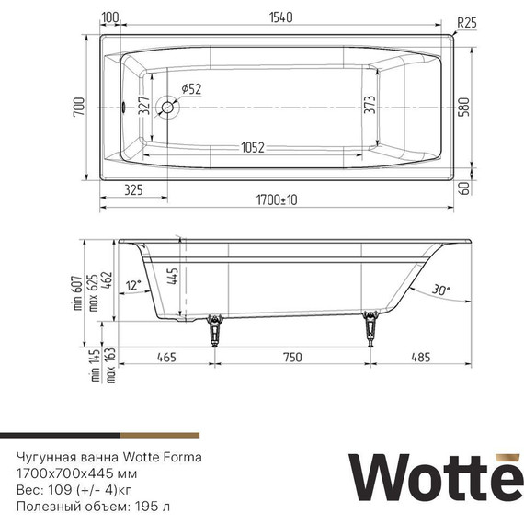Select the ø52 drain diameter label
[x=191, y=88]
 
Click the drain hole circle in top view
[x=168, y=108]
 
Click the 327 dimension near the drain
[x=144, y=105]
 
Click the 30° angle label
[x=443, y=290]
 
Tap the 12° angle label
[x=134, y=286]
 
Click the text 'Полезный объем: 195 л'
[x=94, y=506]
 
